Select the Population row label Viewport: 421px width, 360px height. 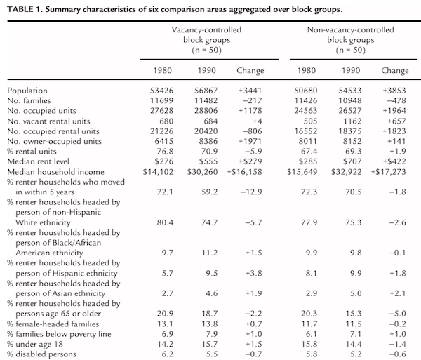(x=27, y=91)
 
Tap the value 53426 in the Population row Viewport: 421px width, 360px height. (x=161, y=91)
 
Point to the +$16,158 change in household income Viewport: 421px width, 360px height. (x=244, y=172)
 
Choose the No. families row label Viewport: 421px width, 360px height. (x=29, y=100)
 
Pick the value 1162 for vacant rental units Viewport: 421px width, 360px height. (x=352, y=121)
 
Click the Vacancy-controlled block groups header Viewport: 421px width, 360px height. (x=206, y=40)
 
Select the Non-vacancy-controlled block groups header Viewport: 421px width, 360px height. (x=350, y=40)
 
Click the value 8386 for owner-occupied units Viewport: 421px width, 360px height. (x=206, y=141)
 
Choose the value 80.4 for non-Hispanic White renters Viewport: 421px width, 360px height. (x=165, y=222)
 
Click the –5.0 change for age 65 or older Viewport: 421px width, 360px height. (x=398, y=314)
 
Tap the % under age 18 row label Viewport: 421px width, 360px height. (x=35, y=344)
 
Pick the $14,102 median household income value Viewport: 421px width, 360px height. (x=158, y=172)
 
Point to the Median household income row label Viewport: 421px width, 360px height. (x=56, y=172)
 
